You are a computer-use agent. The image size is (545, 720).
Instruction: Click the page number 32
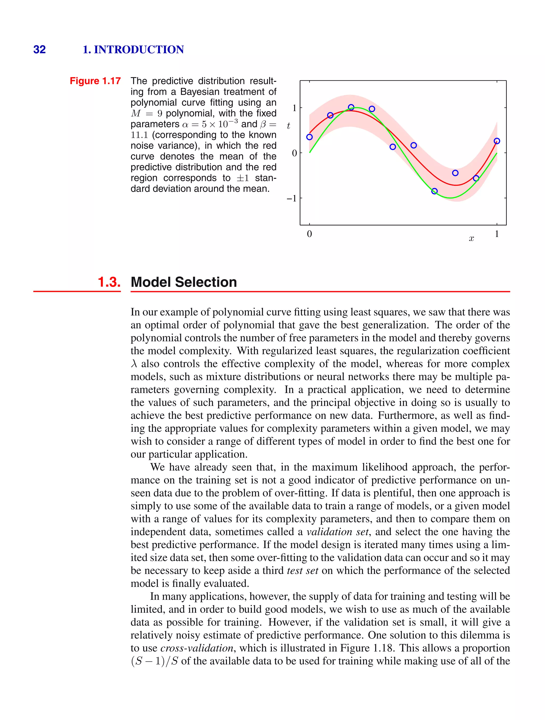(39, 49)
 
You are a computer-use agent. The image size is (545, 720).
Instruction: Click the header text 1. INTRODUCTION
(133, 49)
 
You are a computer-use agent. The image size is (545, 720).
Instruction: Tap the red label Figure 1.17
(95, 81)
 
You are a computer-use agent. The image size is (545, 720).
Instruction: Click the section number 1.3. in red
(109, 282)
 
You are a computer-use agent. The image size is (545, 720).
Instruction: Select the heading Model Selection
(184, 282)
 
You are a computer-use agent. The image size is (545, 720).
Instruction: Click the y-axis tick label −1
(291, 198)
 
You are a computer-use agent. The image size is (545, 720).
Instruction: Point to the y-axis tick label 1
(294, 108)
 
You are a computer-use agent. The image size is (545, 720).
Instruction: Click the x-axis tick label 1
(497, 234)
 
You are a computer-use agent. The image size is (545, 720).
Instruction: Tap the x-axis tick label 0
(309, 234)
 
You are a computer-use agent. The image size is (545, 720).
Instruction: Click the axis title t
(288, 126)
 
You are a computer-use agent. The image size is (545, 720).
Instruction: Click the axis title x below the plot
(471, 239)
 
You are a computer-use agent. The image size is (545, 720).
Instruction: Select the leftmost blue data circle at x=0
(309, 137)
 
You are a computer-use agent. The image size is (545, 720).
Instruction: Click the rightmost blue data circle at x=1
(497, 141)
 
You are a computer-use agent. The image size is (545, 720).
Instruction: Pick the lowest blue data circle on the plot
(434, 191)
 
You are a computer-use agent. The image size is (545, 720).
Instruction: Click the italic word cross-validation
(197, 648)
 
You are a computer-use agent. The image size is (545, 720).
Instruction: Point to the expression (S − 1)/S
(155, 661)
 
